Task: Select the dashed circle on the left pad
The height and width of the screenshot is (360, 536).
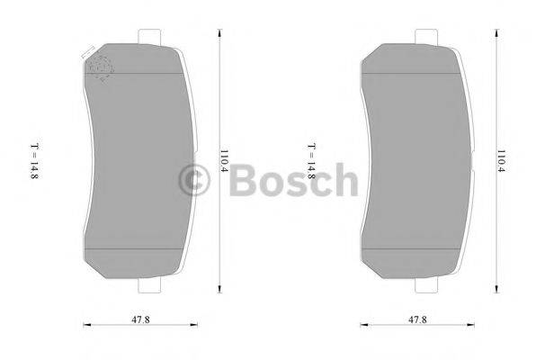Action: [x=100, y=67]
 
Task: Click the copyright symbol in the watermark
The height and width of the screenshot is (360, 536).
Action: [x=199, y=181]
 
